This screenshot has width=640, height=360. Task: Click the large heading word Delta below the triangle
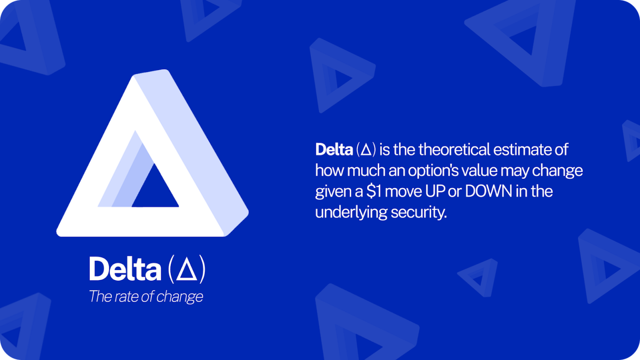tap(125, 269)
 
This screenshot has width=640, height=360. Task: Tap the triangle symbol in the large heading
tap(186, 270)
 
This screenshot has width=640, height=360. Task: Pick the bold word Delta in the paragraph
tap(334, 150)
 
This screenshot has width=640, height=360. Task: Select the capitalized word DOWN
tap(488, 192)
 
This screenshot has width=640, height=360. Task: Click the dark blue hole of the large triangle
tap(155, 190)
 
